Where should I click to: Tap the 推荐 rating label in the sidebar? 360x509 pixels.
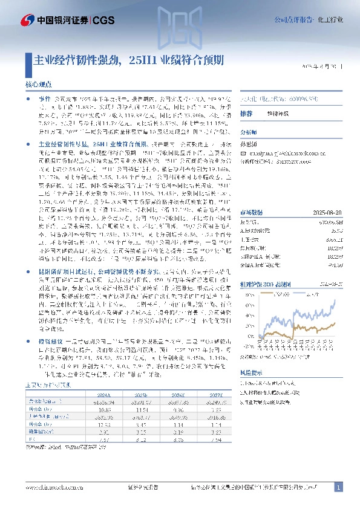pyautogui.click(x=246, y=114)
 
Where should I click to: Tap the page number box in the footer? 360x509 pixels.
pyautogui.click(x=339, y=487)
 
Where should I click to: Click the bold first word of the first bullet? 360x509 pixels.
pyautogui.click(x=44, y=97)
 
